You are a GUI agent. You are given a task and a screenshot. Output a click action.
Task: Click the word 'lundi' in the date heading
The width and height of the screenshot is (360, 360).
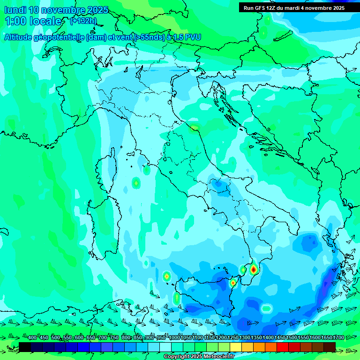(x=15, y=10)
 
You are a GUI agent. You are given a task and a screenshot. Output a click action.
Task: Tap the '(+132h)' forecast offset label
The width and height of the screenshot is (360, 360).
(x=83, y=21)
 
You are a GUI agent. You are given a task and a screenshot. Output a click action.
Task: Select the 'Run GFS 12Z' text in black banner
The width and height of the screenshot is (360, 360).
(x=260, y=8)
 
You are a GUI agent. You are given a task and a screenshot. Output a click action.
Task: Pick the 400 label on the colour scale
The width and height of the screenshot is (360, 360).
(x=32, y=338)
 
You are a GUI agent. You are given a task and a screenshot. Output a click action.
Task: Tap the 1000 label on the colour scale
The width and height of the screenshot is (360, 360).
(x=174, y=338)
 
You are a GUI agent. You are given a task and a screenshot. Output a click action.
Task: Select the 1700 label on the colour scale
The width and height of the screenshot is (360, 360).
(x=326, y=338)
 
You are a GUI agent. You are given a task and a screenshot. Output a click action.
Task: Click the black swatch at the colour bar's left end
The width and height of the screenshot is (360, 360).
(x=25, y=347)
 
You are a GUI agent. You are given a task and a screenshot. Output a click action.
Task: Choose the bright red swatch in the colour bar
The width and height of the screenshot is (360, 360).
(x=283, y=347)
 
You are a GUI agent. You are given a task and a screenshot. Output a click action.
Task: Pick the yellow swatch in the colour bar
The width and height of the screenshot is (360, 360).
(x=236, y=347)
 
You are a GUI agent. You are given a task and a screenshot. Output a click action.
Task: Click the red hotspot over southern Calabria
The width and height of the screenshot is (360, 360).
(x=254, y=269)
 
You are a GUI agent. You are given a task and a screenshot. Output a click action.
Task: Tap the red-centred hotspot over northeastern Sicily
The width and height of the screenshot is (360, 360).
(x=233, y=282)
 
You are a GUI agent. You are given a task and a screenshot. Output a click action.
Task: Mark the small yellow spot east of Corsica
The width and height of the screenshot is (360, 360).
(x=136, y=183)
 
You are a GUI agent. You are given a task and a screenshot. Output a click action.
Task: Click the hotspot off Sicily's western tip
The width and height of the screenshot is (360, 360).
(x=166, y=277)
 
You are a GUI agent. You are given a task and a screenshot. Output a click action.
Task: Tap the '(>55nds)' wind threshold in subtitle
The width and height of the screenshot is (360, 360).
(x=146, y=37)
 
